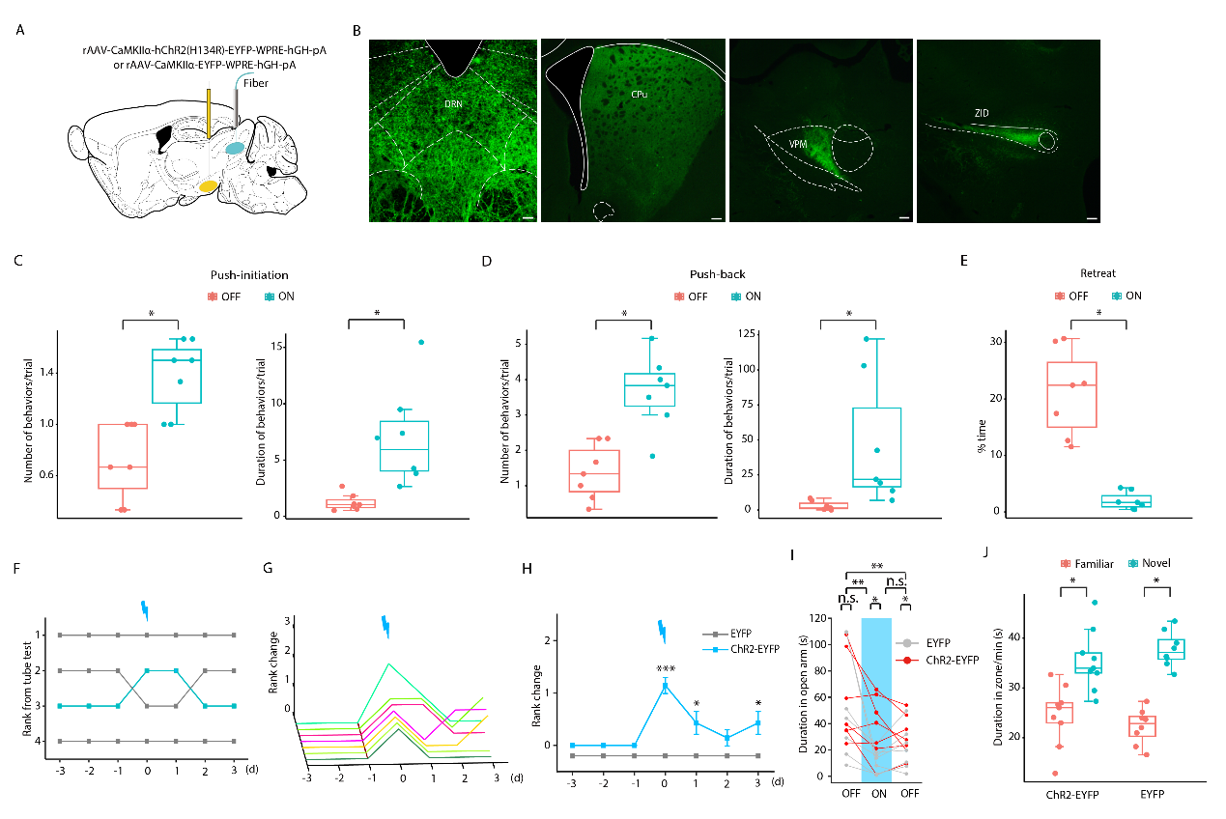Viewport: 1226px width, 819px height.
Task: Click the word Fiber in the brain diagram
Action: (x=256, y=83)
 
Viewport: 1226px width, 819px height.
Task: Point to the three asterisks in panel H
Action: (x=665, y=666)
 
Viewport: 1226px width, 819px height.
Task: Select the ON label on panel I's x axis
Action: (x=877, y=794)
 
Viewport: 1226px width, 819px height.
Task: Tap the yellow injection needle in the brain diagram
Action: (x=209, y=112)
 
